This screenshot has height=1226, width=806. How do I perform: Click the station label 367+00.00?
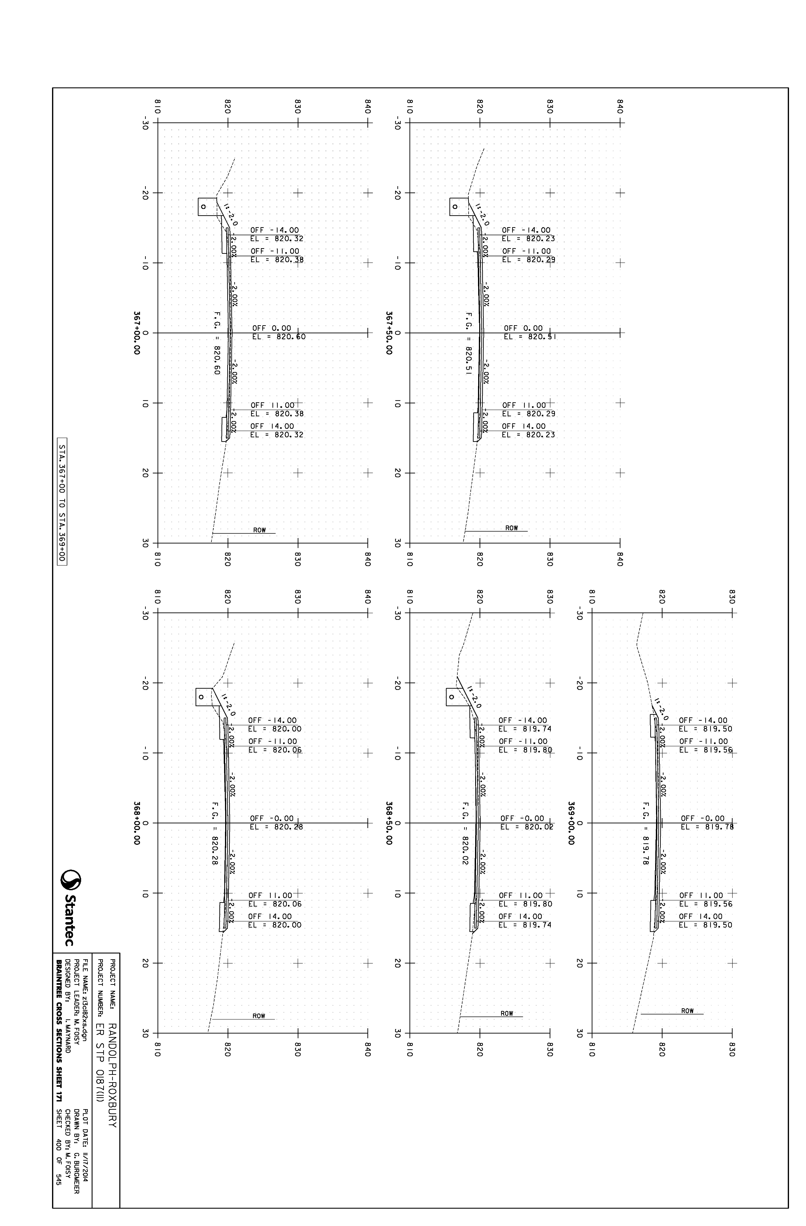pyautogui.click(x=137, y=333)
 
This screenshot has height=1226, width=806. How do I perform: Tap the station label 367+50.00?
pyautogui.click(x=389, y=333)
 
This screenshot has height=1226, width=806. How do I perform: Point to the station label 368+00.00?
pyautogui.click(x=137, y=823)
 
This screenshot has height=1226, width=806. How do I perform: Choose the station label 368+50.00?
pyautogui.click(x=389, y=823)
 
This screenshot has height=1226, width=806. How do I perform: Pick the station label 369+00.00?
pyautogui.click(x=571, y=823)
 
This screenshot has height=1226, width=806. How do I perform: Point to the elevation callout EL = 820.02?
pyautogui.click(x=527, y=827)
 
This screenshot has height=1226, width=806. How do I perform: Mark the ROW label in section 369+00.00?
pyautogui.click(x=688, y=1011)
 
